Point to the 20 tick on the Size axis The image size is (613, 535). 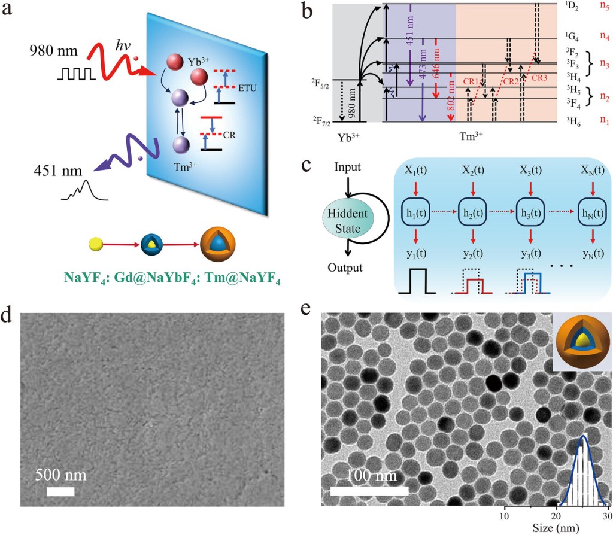(x=557, y=516)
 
